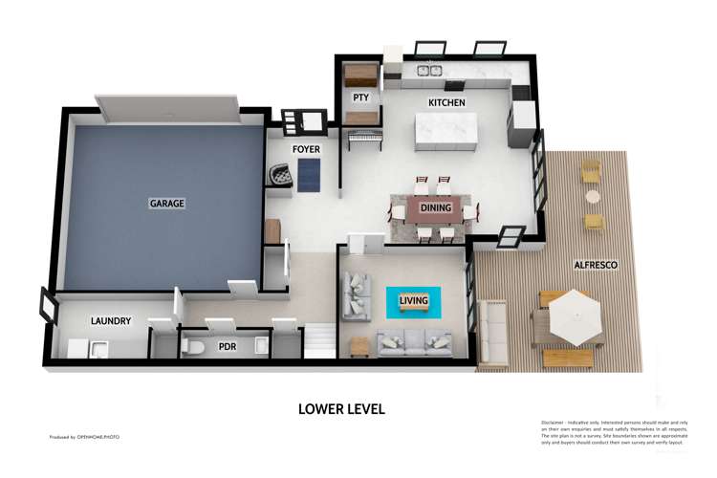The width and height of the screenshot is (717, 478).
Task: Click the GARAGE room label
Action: tap(166, 204)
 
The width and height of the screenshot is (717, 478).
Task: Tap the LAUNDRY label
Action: tap(110, 321)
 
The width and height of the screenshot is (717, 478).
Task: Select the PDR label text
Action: tap(228, 346)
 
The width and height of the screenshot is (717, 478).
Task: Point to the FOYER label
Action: tap(306, 150)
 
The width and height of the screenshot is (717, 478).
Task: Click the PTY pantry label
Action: tap(360, 98)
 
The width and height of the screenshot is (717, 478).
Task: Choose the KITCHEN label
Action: tap(446, 102)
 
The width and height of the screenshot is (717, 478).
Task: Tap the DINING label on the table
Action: tap(436, 206)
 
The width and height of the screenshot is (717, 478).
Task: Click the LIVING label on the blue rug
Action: tap(413, 301)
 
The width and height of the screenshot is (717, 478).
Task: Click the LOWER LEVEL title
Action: tap(341, 409)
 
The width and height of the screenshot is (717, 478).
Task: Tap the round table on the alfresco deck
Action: tap(593, 197)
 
